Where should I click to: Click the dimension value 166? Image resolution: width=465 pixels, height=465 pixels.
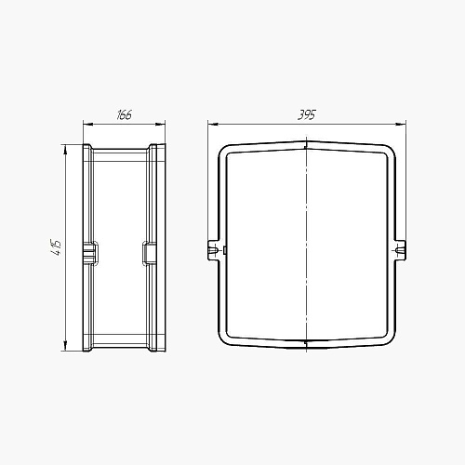click(125, 114)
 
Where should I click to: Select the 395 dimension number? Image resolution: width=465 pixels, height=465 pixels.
click(307, 114)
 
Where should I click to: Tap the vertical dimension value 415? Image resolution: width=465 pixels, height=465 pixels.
click(56, 247)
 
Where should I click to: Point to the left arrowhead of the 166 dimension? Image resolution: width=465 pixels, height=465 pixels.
click(88, 125)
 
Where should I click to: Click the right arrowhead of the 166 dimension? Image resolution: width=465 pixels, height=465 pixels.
click(161, 125)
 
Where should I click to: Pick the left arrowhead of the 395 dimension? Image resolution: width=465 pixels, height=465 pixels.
click(213, 125)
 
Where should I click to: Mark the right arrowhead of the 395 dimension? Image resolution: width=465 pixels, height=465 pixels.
click(401, 125)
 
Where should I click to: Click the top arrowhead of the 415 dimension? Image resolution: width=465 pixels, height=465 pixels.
click(65, 150)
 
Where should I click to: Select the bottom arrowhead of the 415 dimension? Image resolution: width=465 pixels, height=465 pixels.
click(65, 346)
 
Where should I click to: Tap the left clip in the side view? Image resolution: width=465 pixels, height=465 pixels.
click(91, 254)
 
